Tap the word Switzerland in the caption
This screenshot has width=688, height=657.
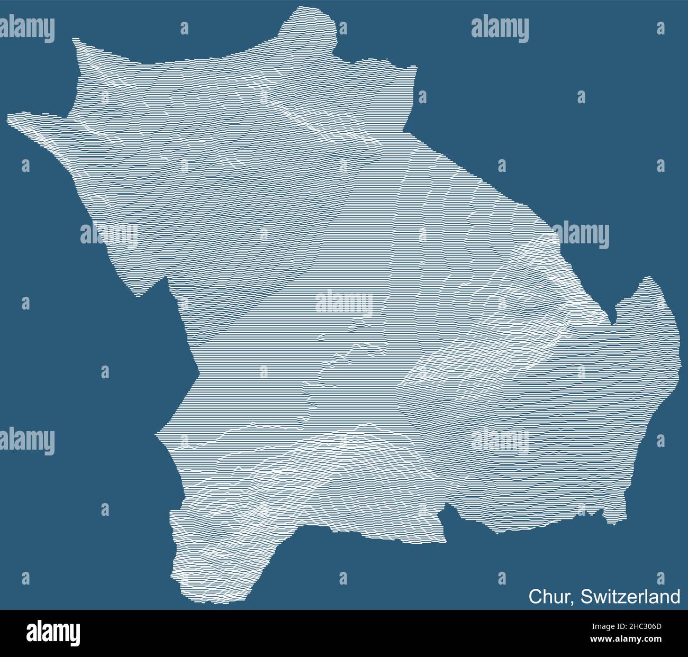pyautogui.click(x=630, y=596)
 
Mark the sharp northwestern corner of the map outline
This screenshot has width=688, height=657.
pyautogui.click(x=74, y=39)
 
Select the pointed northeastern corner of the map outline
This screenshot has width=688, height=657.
pyautogui.click(x=414, y=67)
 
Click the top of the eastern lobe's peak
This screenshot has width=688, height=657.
pyautogui.click(x=648, y=278)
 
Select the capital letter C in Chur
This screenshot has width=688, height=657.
pyautogui.click(x=535, y=596)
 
